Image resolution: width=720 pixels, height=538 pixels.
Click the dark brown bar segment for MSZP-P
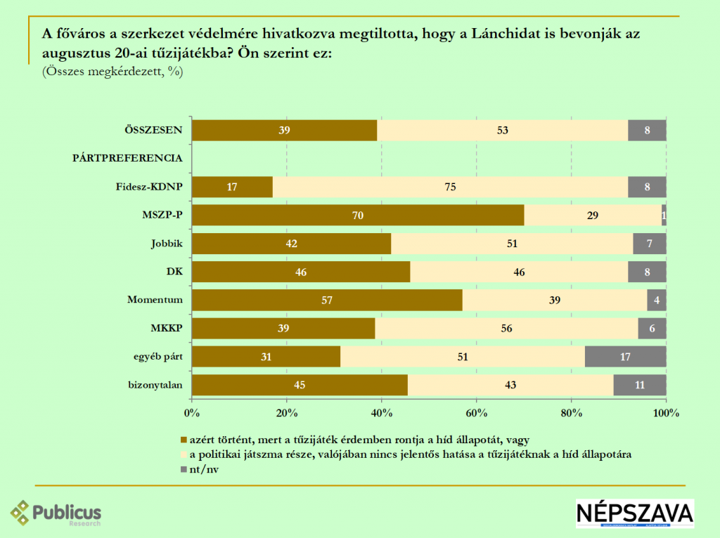point(358,215)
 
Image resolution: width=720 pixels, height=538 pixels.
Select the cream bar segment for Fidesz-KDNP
point(450,187)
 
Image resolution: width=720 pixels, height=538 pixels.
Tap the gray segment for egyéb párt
point(626,357)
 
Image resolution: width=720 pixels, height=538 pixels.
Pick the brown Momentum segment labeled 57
point(327,300)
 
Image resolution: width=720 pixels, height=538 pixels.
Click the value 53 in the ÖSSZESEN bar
point(502,130)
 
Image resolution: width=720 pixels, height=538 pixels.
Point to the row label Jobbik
point(167,243)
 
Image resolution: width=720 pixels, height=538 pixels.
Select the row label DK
point(175,271)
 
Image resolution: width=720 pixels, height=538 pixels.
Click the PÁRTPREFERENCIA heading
point(128,158)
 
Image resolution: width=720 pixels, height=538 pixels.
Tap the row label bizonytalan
point(155,385)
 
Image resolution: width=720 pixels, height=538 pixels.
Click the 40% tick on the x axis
point(381,413)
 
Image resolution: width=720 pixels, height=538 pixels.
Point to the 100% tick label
point(665,413)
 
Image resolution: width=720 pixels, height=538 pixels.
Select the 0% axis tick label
point(191,413)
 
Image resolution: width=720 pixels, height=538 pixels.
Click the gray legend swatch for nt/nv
point(184,470)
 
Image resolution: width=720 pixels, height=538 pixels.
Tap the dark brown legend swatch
point(184,440)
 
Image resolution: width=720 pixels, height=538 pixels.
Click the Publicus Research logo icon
point(20,512)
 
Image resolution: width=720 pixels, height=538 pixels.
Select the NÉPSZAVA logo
point(634,513)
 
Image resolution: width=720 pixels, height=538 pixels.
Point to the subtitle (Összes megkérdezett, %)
point(112,71)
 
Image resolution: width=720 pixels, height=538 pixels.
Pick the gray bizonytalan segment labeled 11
point(639,385)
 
